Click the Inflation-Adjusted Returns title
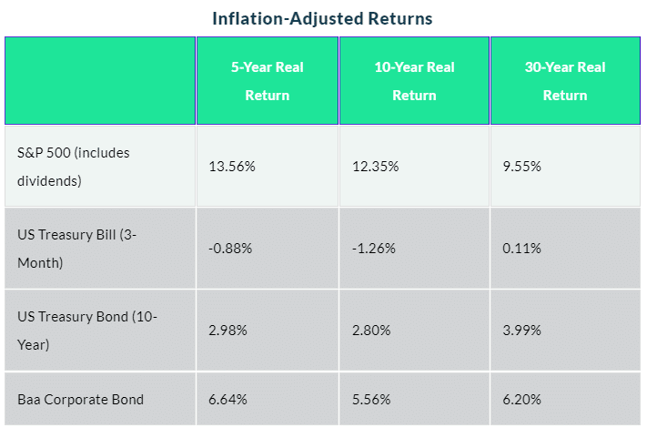[322, 18]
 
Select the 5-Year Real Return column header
[268, 81]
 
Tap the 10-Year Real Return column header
[414, 81]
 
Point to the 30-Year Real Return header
[565, 81]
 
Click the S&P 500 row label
[74, 167]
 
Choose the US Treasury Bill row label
[76, 249]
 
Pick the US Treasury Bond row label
[87, 331]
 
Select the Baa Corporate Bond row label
[80, 400]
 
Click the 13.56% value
[232, 167]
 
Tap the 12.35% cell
[376, 167]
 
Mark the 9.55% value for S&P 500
[521, 167]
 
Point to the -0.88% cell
[230, 248]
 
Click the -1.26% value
[374, 248]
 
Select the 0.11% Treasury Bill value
[521, 248]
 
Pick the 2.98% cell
[227, 331]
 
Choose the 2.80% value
[371, 331]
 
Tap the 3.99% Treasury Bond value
[521, 331]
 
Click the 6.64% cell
[227, 400]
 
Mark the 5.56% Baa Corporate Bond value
[371, 400]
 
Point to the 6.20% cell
[521, 400]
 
